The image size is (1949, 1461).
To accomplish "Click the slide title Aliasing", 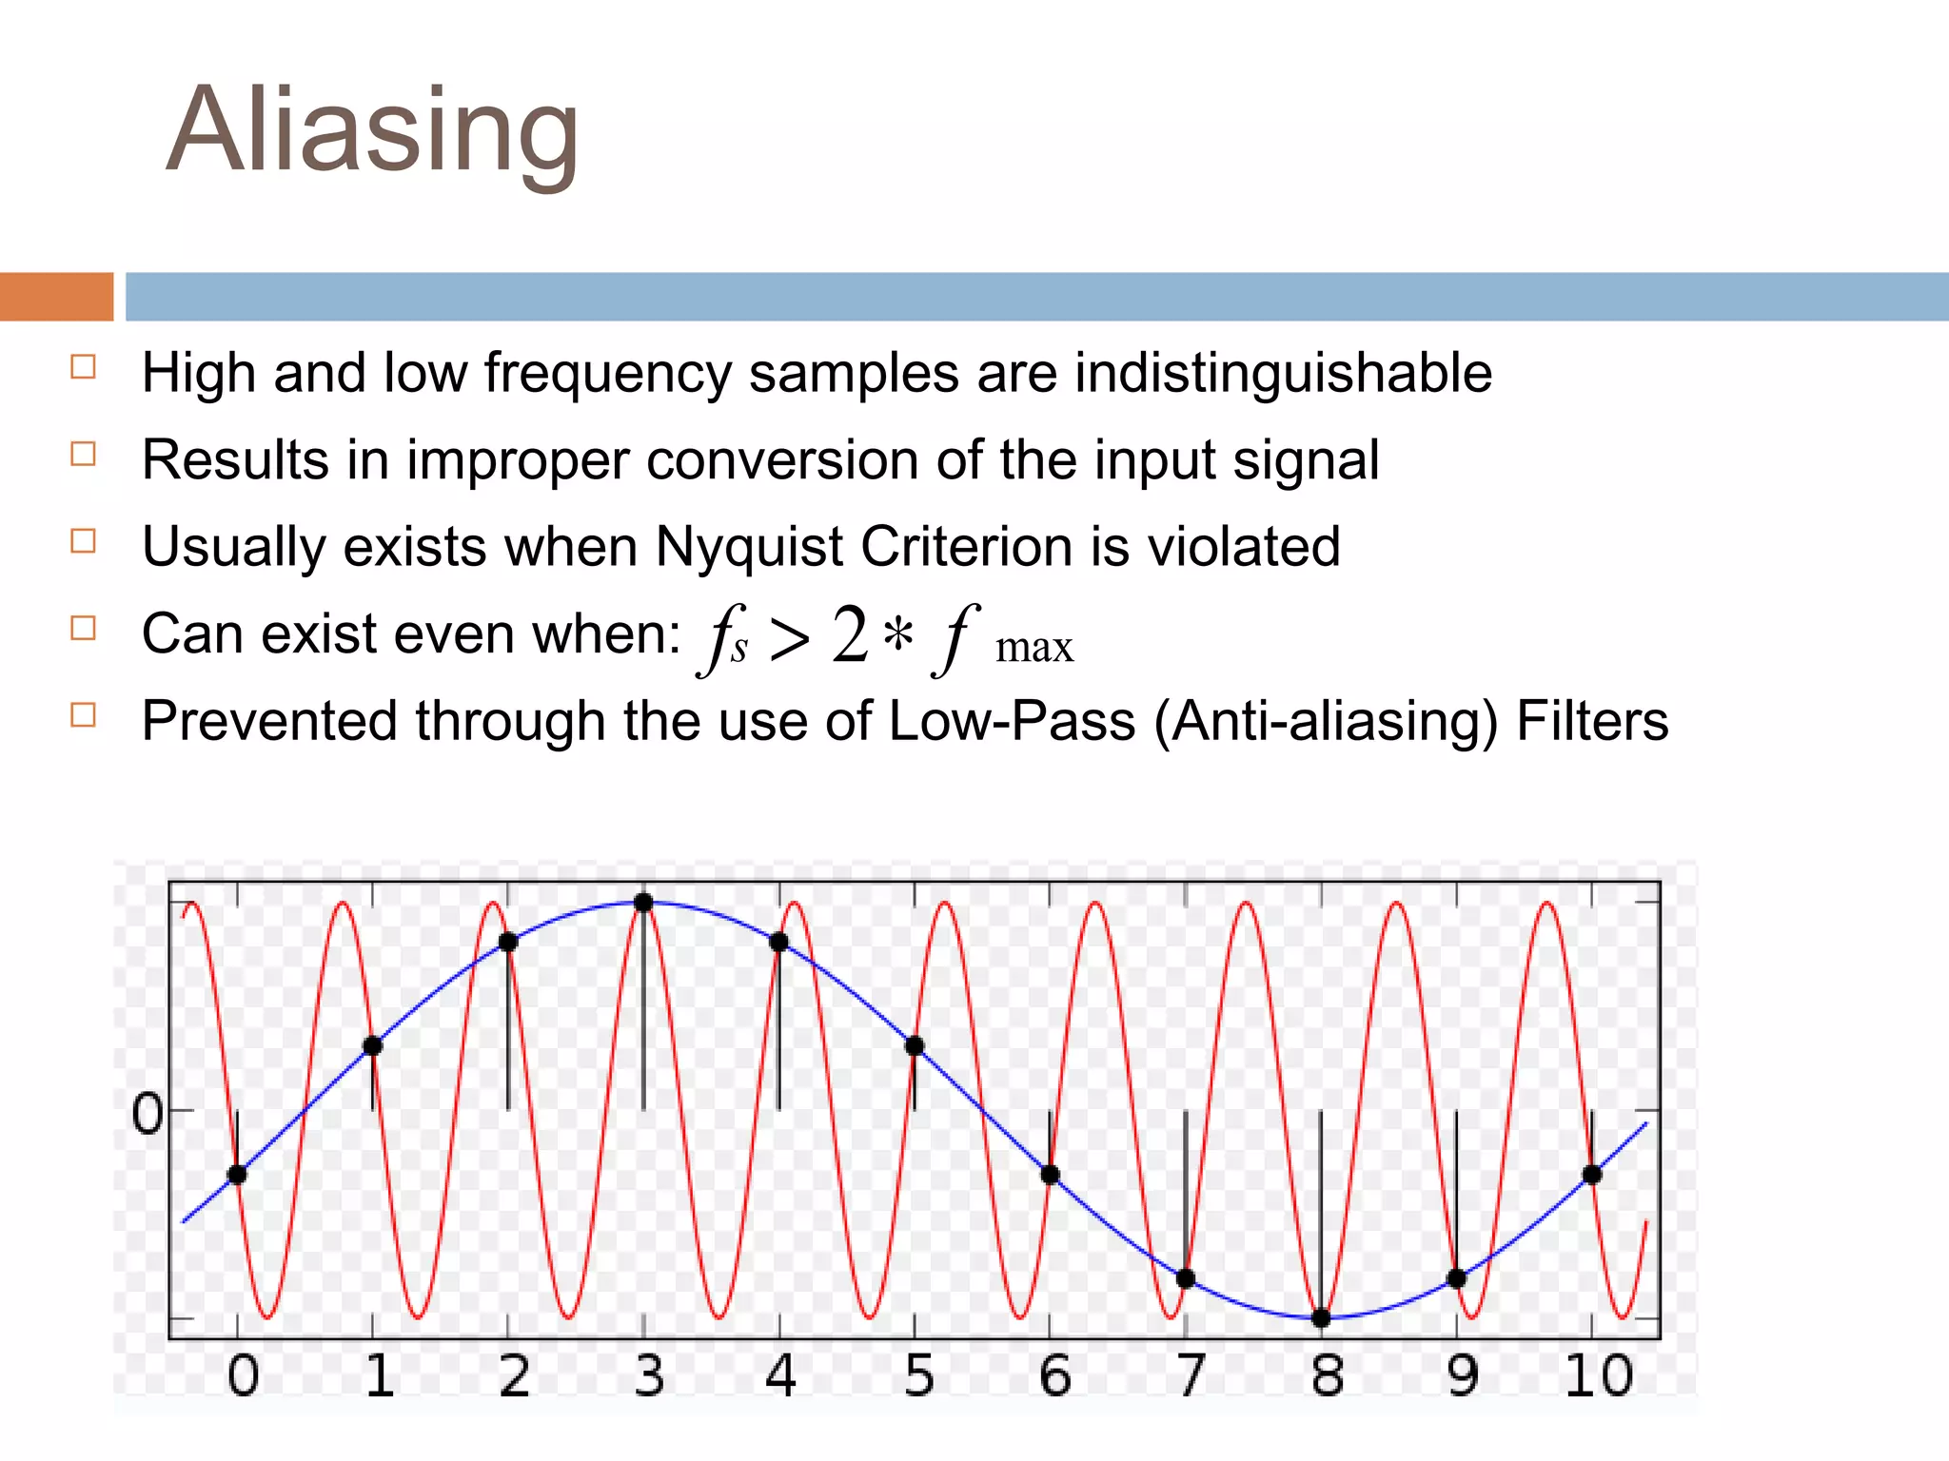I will click(372, 130).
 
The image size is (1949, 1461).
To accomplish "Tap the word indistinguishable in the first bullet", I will click(1283, 373).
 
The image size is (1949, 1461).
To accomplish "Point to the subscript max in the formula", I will click(1034, 649).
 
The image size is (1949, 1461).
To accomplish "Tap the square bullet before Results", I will click(84, 454).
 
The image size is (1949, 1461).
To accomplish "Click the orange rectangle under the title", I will click(56, 297).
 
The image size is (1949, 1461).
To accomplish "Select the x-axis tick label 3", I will click(649, 1375).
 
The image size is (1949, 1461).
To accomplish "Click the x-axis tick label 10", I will click(1599, 1375).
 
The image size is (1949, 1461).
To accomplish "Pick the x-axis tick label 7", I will click(1191, 1375).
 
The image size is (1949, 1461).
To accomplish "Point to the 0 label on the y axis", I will click(148, 1114).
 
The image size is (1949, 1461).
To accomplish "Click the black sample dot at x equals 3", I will click(643, 902).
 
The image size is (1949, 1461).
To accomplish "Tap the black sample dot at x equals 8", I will click(1321, 1317).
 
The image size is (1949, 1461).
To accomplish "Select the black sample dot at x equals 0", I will click(237, 1175).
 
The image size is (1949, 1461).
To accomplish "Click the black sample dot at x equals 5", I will click(915, 1046).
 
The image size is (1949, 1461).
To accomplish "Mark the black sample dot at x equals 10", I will click(1592, 1175).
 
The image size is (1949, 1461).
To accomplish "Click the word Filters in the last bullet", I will click(1592, 721).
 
